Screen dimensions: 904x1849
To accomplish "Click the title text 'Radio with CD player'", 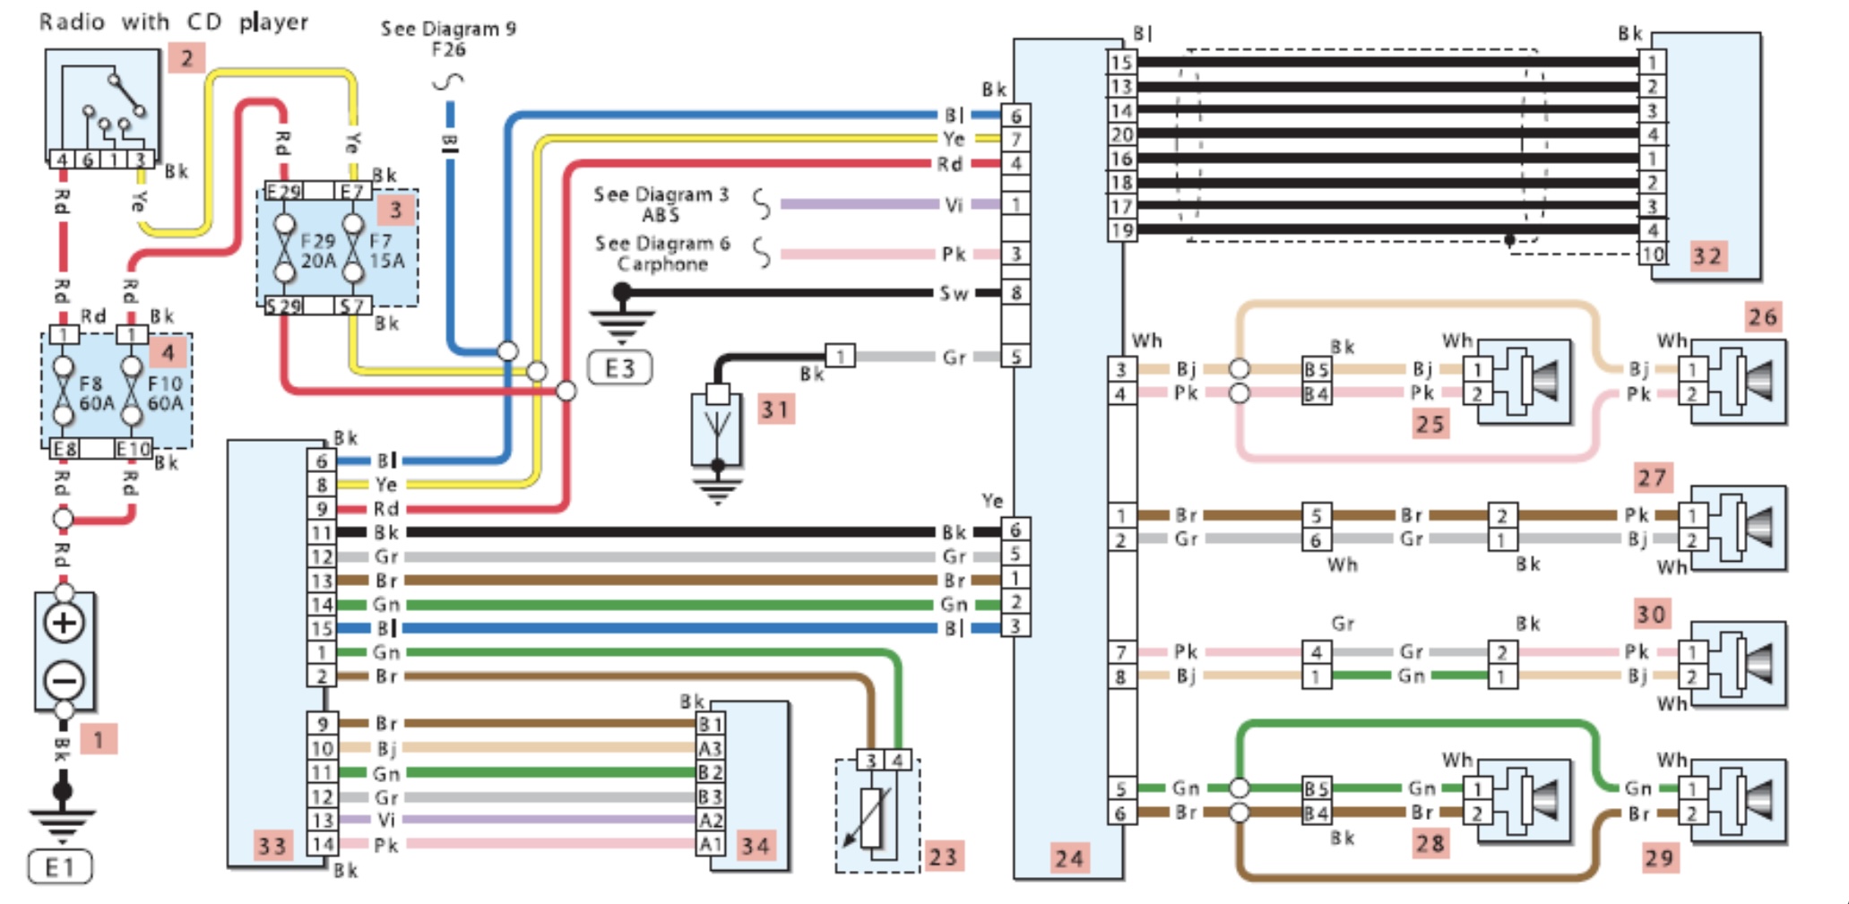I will [x=174, y=22].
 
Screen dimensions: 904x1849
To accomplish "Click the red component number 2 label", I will [x=186, y=59].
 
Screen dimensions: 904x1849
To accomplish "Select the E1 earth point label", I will [x=59, y=867].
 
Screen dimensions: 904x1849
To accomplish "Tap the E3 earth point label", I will [x=619, y=367].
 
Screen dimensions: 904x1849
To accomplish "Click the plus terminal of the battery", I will [x=65, y=623].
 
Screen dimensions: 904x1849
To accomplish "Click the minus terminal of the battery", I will [x=65, y=681].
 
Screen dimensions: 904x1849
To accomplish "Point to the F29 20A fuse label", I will [x=318, y=251].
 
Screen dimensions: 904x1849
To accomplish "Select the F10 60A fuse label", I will [x=165, y=394].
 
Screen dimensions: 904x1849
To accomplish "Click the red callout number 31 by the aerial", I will [x=775, y=410].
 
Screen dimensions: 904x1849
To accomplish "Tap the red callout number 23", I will [x=942, y=857].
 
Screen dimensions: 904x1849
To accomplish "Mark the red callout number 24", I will [x=1068, y=858].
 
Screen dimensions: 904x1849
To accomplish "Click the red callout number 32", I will [x=1706, y=257].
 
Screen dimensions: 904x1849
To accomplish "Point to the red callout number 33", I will [x=272, y=846].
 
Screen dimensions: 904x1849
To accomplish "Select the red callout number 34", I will [x=755, y=846].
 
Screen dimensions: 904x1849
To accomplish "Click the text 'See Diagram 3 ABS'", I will [x=661, y=204].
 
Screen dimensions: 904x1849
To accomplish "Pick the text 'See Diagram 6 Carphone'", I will [x=662, y=254].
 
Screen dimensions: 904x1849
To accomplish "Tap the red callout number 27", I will [x=1652, y=478].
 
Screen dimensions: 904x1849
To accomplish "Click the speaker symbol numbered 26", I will [x=1738, y=381].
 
